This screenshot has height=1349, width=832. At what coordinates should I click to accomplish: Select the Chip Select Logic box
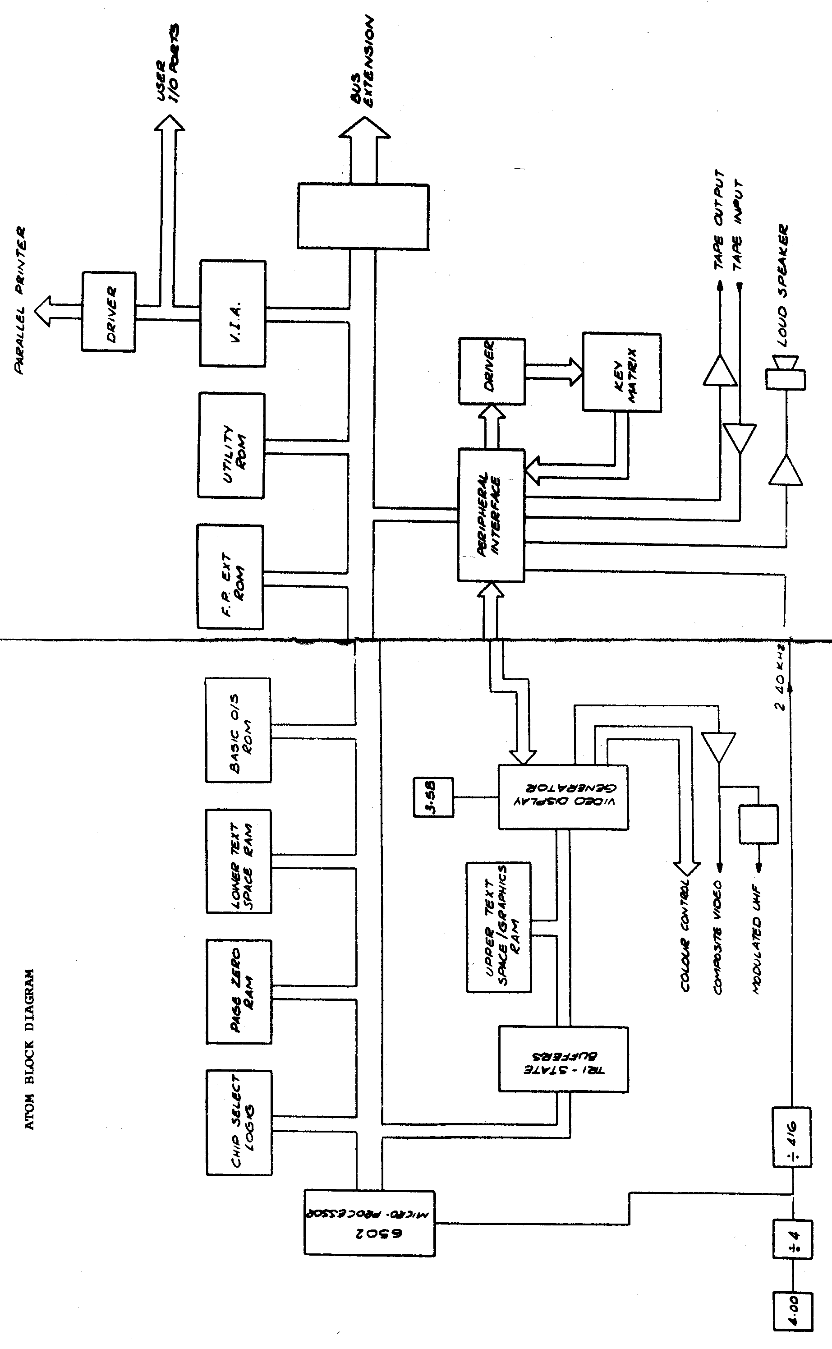click(239, 1123)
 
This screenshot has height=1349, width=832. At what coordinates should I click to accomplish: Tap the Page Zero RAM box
click(239, 991)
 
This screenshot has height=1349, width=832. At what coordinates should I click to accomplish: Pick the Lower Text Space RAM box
click(239, 861)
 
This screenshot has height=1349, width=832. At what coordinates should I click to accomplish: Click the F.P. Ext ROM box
click(230, 577)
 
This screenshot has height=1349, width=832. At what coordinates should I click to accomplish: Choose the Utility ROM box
click(231, 445)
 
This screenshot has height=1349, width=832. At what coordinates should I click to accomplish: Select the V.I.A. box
click(233, 313)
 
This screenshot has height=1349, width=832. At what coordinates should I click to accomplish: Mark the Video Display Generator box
click(563, 797)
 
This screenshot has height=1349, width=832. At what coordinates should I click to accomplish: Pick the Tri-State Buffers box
click(563, 1059)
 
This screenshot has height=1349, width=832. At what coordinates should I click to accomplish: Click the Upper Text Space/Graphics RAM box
click(499, 927)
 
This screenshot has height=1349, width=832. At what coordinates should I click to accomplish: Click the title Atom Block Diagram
click(30, 1049)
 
